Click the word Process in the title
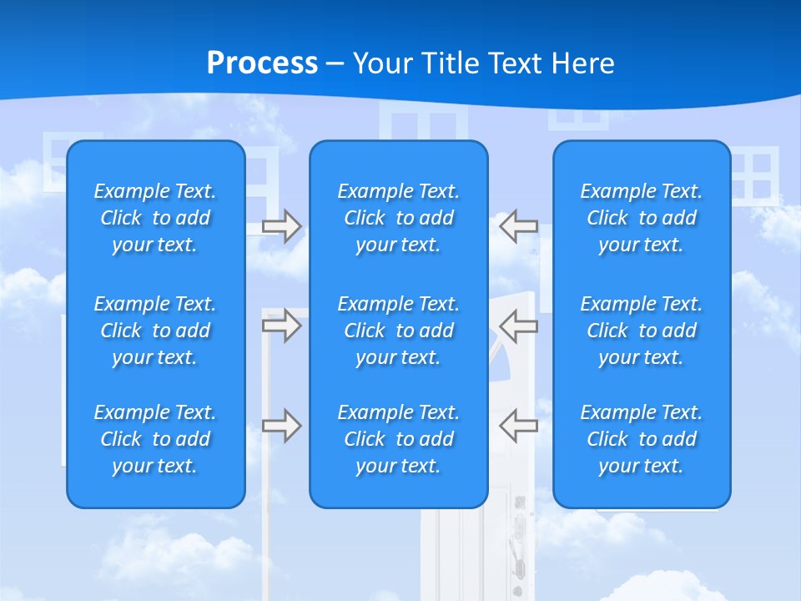262,63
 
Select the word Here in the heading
582,63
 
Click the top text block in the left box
155,218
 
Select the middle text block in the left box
155,331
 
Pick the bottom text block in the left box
155,439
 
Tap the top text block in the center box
399,218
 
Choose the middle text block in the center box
399,331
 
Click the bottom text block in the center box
399,439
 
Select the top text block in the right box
642,218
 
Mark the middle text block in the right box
642,331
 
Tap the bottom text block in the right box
642,439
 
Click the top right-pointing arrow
282,226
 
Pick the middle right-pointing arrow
282,326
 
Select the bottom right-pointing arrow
282,426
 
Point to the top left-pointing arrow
518,226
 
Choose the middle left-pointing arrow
518,326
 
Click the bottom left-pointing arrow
518,426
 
